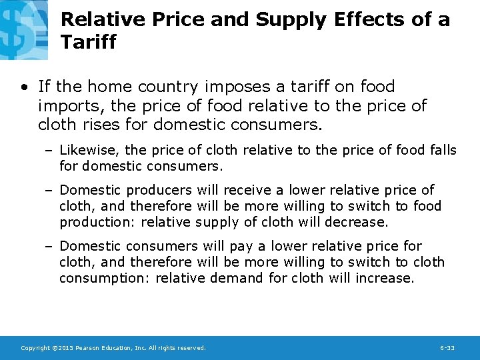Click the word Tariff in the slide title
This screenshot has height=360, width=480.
pos(88,43)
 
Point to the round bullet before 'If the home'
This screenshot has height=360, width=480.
pos(24,87)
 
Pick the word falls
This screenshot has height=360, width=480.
pos(440,150)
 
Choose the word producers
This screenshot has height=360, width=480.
pos(159,190)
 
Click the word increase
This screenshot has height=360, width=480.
pos(388,278)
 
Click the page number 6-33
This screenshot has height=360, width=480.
pos(447,349)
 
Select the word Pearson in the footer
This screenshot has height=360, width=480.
pos(90,349)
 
